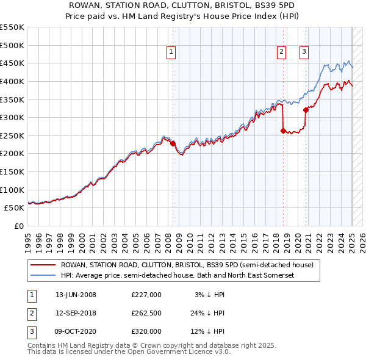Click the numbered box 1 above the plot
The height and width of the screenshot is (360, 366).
171,52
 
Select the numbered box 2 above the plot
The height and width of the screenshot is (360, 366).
281,52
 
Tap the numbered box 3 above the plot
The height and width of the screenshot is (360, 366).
304,52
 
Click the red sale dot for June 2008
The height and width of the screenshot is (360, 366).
173,144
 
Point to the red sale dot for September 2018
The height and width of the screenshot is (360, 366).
283,131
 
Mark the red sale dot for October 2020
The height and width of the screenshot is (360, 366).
306,110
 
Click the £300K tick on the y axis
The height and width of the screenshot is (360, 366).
12,117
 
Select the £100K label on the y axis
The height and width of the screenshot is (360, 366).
12,190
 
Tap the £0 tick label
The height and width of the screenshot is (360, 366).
18,226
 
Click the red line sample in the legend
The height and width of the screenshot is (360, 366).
43,265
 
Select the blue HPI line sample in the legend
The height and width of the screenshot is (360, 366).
43,276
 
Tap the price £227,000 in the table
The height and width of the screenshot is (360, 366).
146,295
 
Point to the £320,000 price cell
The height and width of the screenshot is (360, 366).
146,331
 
